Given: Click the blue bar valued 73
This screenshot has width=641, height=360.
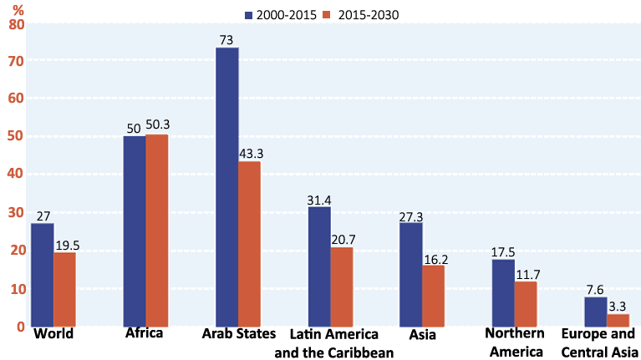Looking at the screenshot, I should (227, 187).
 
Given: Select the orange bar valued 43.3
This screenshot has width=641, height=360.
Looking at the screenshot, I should (250, 244).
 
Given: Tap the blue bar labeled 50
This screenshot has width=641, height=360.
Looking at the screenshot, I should (135, 231).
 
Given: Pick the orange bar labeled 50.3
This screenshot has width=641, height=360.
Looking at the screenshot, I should (157, 231).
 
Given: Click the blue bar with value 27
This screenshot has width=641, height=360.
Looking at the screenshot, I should (43, 275).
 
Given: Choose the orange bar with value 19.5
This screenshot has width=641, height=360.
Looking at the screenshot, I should (65, 289).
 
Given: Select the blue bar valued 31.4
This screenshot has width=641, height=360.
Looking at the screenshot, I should (319, 266).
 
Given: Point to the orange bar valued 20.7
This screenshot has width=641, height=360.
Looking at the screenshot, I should (342, 286).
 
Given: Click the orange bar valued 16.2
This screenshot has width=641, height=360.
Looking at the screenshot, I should (434, 296).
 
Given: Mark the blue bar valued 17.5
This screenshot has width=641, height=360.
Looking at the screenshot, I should (503, 292).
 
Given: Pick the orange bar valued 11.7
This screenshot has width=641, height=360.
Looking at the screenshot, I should (526, 304).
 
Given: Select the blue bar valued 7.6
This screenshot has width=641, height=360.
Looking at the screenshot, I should (596, 312).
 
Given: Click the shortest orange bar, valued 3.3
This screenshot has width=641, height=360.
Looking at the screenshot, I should (618, 320).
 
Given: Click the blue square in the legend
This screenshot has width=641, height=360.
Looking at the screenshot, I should (249, 15).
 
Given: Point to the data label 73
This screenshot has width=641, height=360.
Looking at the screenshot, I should (227, 40).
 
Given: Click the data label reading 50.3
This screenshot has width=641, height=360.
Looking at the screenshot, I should (157, 125).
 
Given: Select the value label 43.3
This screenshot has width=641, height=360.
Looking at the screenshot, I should (251, 154).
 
